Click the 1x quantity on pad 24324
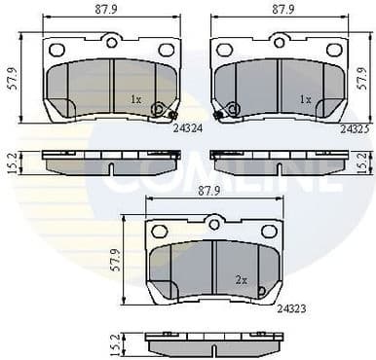pyautogui.click(x=135, y=98)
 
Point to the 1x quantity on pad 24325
pyautogui.click(x=305, y=98)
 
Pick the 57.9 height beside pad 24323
pyautogui.click(x=114, y=258)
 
